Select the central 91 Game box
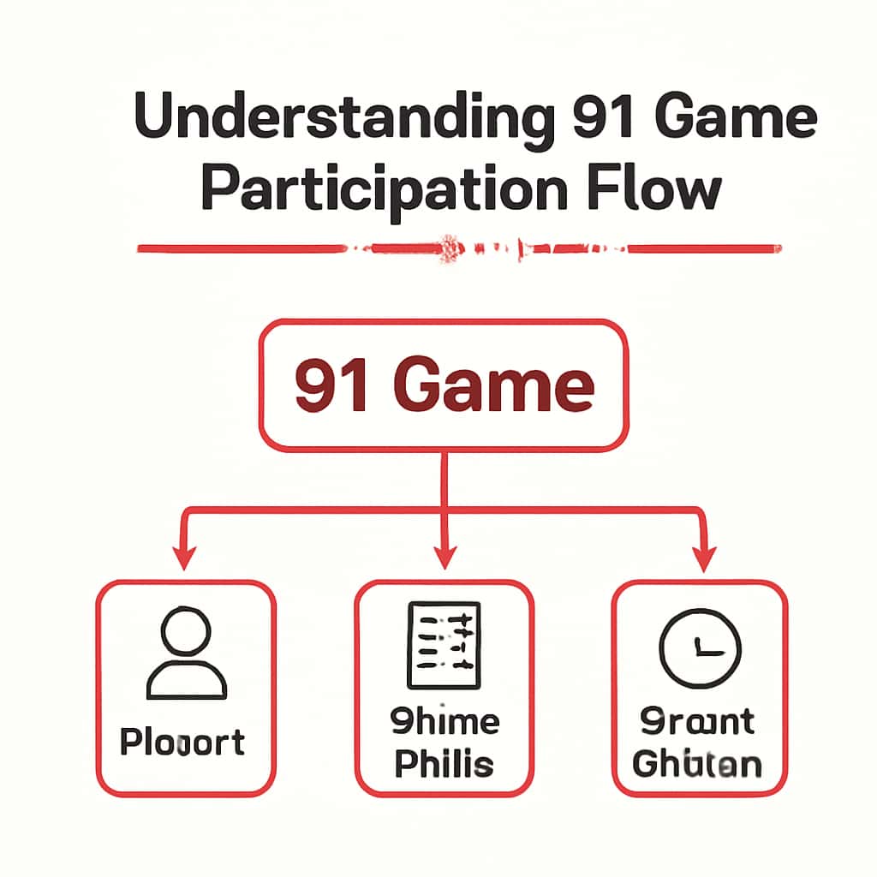pyautogui.click(x=444, y=385)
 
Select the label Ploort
pyautogui.click(x=182, y=742)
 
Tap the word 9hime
pyautogui.click(x=444, y=722)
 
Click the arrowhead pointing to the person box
pyautogui.click(x=182, y=558)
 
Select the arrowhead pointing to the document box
pyautogui.click(x=443, y=558)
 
